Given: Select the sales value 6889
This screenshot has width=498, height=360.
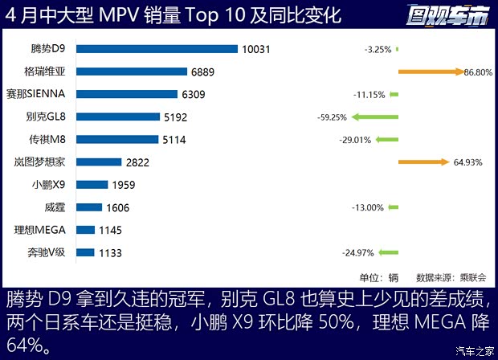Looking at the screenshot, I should tap(202, 72).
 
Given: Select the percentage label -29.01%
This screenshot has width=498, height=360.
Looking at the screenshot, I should tap(354, 140).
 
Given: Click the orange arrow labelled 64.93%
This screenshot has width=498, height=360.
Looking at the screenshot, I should tap(421, 162).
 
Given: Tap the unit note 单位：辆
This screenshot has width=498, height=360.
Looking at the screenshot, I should tap(378, 277).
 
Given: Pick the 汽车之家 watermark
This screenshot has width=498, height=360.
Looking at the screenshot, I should tap(474, 350).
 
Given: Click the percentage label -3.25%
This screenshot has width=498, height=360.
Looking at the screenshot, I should tap(377, 49).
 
